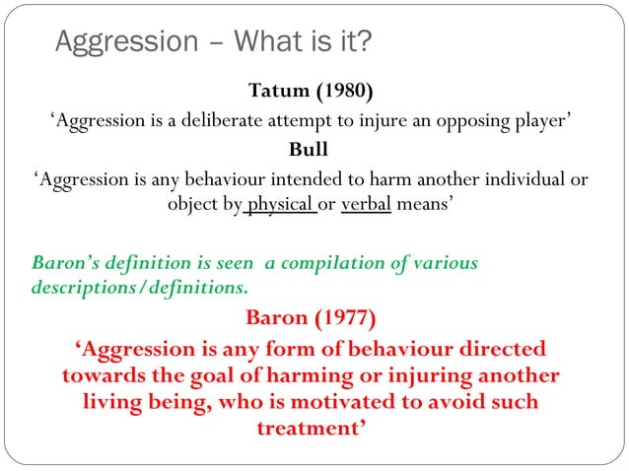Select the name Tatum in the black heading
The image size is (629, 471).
tap(279, 93)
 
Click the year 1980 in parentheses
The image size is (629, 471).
tap(344, 93)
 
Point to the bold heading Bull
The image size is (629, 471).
tap(307, 151)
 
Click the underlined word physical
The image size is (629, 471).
tap(279, 206)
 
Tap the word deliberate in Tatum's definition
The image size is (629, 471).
tap(246, 121)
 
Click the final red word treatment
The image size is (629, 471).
tap(310, 429)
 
